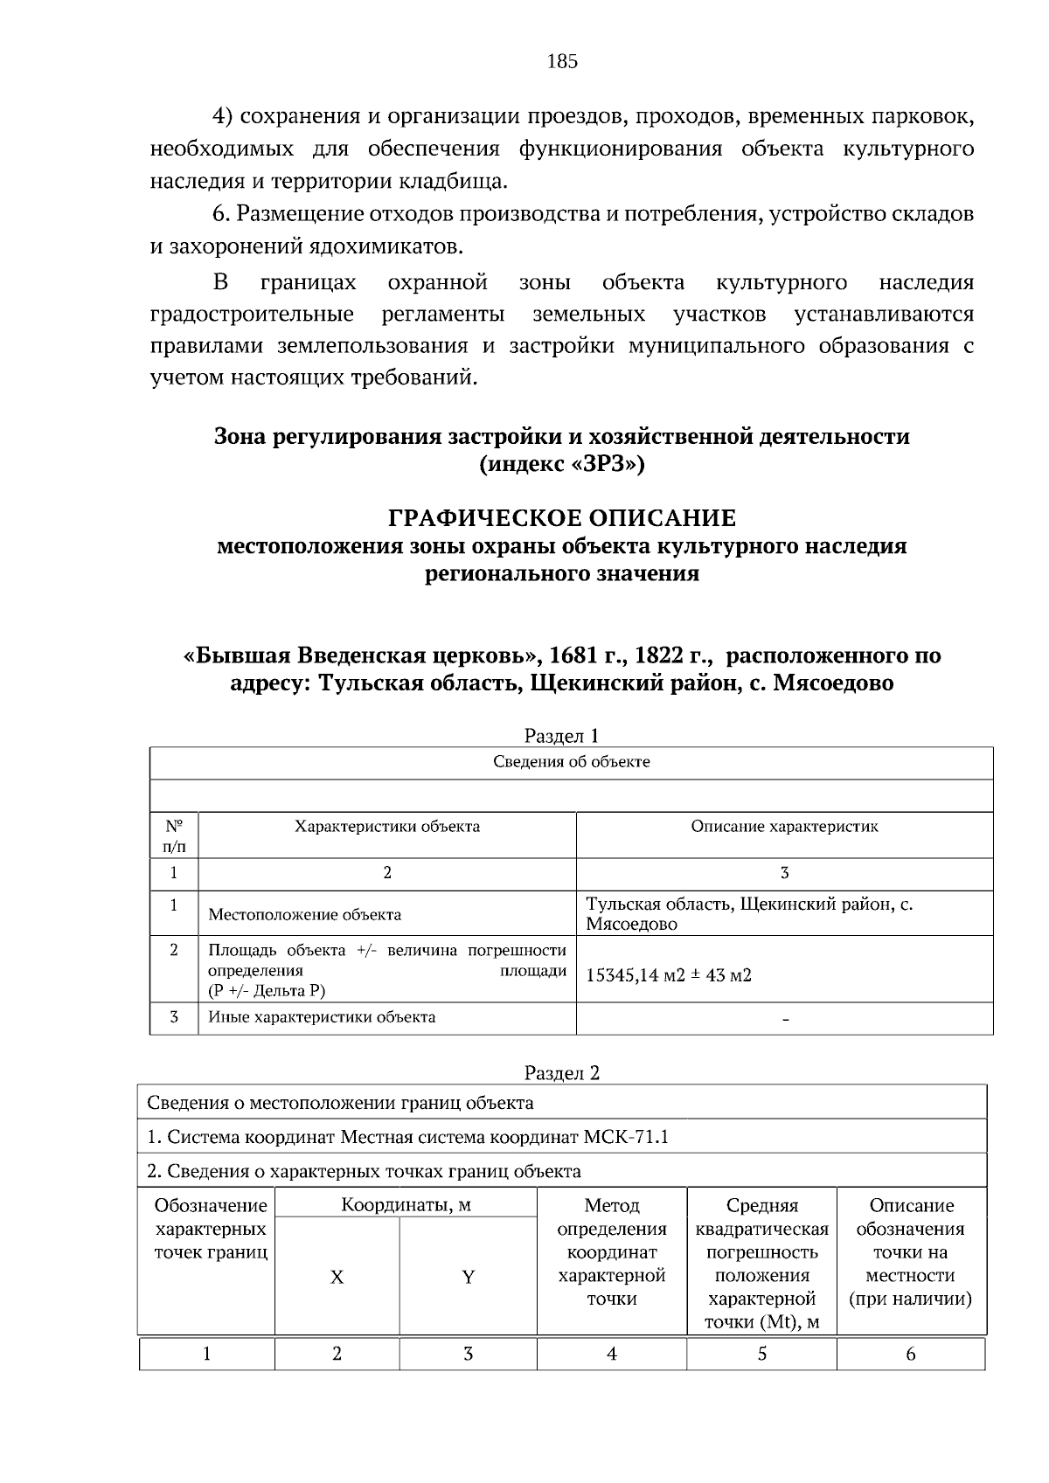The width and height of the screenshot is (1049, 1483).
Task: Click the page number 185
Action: click(562, 61)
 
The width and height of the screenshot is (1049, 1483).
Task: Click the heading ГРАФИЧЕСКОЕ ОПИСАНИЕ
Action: click(562, 518)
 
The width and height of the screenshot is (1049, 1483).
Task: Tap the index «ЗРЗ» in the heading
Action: click(608, 464)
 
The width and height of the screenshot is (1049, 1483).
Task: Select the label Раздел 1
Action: click(562, 736)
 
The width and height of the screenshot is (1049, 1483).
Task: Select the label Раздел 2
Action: click(562, 1073)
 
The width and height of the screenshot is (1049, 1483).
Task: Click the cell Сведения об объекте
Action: click(571, 762)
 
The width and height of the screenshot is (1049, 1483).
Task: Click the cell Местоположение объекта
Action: click(304, 915)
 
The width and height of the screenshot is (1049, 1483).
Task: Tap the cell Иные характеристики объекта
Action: click(321, 1017)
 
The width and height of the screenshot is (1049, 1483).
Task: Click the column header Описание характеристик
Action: click(784, 827)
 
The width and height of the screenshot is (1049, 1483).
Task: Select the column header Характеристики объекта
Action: click(386, 827)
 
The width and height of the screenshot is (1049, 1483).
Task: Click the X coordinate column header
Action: click(337, 1278)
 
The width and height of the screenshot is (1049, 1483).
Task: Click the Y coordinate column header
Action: click(468, 1278)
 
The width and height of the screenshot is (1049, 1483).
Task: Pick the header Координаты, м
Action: click(406, 1206)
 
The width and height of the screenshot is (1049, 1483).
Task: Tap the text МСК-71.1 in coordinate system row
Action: click(630, 1137)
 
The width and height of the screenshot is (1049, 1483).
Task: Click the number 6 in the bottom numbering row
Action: click(911, 1354)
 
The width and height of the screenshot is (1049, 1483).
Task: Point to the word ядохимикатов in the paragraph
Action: click(385, 247)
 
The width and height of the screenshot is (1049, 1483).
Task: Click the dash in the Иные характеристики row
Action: click(784, 1019)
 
